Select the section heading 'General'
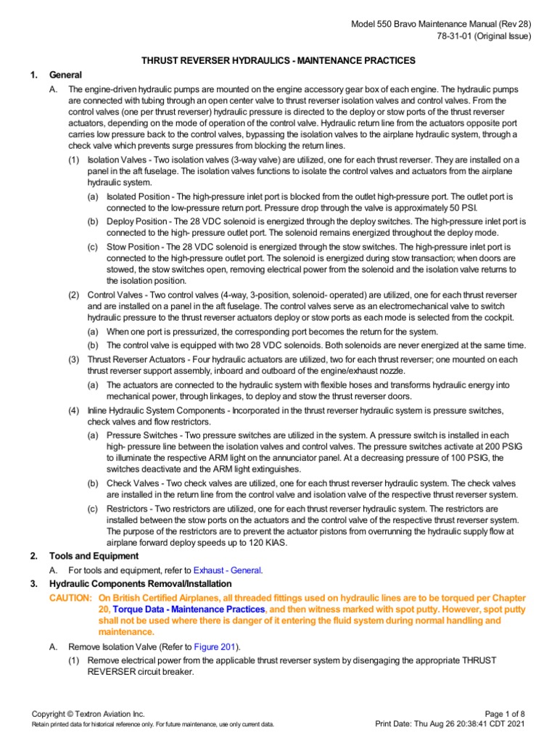(x=65, y=75)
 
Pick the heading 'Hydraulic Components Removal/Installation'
(x=140, y=583)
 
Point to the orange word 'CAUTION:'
(x=70, y=597)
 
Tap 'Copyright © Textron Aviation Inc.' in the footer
(x=89, y=713)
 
